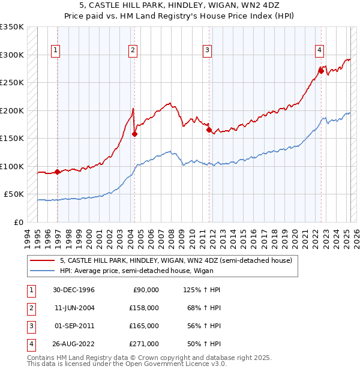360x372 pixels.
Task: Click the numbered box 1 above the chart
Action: click(55, 51)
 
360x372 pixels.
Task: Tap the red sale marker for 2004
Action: click(134, 134)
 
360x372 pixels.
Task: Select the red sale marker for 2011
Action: click(209, 130)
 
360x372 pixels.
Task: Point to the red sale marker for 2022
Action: click(321, 71)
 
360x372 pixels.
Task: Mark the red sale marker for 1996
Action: click(58, 172)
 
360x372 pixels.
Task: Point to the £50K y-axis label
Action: click(14, 194)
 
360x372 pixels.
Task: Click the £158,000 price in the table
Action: click(144, 308)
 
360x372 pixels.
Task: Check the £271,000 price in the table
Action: click(144, 344)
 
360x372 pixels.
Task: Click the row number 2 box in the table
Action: click(29, 308)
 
